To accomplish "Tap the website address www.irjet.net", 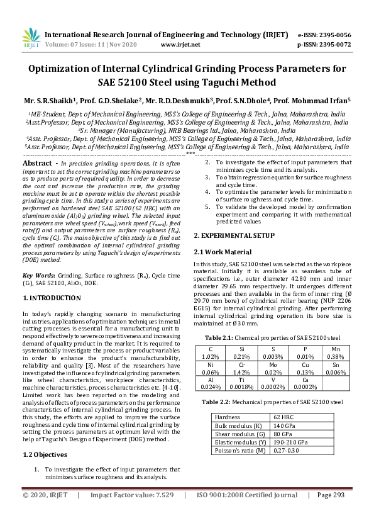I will (x=180, y=45).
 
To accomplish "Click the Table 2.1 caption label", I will (x=216, y=337).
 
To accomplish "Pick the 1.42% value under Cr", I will (x=241, y=372).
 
